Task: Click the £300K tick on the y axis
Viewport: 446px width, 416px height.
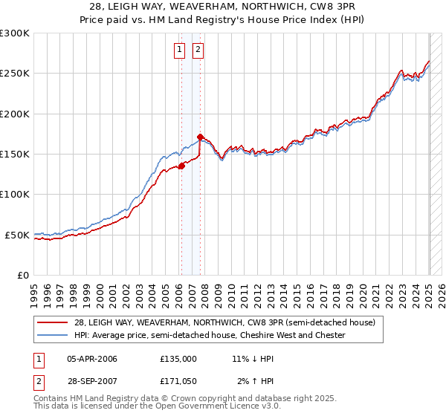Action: [15, 33]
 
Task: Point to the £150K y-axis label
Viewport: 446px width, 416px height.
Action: [15, 155]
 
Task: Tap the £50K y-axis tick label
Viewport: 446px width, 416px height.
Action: [17, 235]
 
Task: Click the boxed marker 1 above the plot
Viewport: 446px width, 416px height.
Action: [180, 51]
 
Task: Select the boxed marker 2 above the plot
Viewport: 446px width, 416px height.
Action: [198, 51]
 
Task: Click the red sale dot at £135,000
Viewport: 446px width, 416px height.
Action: [181, 166]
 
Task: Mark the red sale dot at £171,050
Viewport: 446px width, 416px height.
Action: [201, 137]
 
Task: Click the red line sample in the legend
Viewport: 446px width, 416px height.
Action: [52, 322]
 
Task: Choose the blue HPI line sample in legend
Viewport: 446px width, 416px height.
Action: [52, 335]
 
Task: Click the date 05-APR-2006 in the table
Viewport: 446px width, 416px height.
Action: [92, 359]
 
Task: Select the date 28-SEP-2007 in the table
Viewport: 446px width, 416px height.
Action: [92, 381]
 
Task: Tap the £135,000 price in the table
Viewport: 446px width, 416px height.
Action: [178, 359]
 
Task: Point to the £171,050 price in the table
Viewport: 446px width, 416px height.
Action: [178, 381]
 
